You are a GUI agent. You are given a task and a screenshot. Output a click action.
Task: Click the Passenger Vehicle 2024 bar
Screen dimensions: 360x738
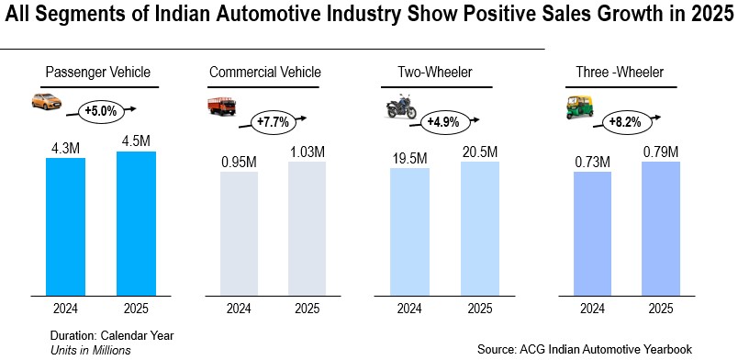tap(66, 227)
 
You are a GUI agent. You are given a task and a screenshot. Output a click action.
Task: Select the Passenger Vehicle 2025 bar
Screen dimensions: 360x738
tap(136, 224)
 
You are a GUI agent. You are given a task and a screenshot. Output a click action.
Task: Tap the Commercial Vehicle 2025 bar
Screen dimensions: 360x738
tap(307, 230)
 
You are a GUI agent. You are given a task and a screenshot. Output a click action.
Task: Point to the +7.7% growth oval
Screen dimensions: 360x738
tap(273, 121)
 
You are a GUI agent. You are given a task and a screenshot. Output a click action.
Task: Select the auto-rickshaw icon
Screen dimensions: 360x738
tap(576, 107)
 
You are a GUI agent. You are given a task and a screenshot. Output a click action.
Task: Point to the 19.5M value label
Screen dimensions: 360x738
tap(409, 157)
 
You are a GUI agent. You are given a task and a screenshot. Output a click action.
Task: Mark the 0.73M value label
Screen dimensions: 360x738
tap(593, 161)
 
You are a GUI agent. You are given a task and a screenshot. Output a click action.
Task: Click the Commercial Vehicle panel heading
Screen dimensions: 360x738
tap(265, 72)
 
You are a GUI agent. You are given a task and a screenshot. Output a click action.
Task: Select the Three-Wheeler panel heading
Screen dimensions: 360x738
tap(619, 72)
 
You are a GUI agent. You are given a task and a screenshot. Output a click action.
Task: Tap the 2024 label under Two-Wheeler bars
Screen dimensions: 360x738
tap(409, 309)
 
